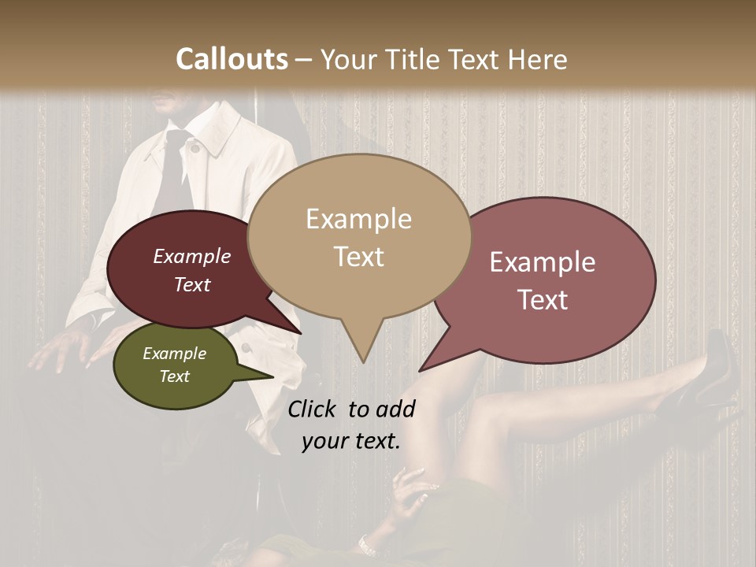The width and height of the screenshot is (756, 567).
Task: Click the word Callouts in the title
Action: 232,59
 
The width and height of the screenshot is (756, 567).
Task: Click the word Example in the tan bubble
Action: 358,219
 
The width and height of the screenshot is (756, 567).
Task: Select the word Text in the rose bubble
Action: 543,300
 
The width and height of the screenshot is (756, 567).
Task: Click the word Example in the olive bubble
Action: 174,354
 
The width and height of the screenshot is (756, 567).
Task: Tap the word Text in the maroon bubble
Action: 191,285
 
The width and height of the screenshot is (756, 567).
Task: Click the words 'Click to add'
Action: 350,409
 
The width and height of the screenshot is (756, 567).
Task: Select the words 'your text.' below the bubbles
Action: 350,441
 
